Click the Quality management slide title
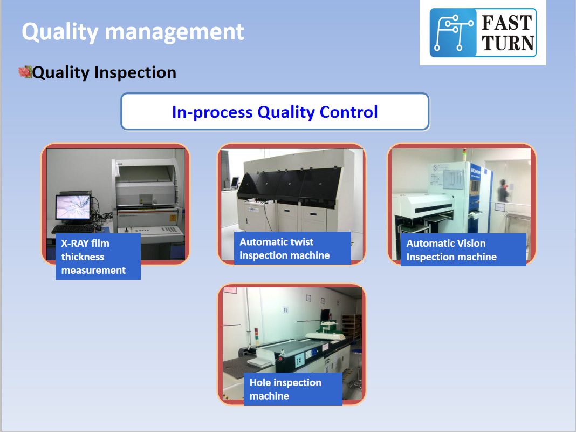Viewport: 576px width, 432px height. (x=133, y=32)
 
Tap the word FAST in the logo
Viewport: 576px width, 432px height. (x=507, y=23)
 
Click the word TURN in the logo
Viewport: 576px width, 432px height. (x=508, y=43)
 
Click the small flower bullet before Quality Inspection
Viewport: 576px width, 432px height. (x=25, y=72)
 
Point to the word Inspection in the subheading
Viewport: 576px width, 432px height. (x=135, y=73)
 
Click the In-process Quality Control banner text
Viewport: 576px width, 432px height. (x=275, y=112)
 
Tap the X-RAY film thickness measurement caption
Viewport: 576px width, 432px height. (x=93, y=256)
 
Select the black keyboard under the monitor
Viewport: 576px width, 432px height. (x=73, y=228)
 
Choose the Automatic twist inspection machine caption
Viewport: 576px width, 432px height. (x=284, y=248)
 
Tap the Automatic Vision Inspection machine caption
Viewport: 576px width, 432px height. (x=451, y=250)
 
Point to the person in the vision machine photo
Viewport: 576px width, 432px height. (x=503, y=190)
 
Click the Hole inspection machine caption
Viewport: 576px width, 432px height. (x=285, y=389)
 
